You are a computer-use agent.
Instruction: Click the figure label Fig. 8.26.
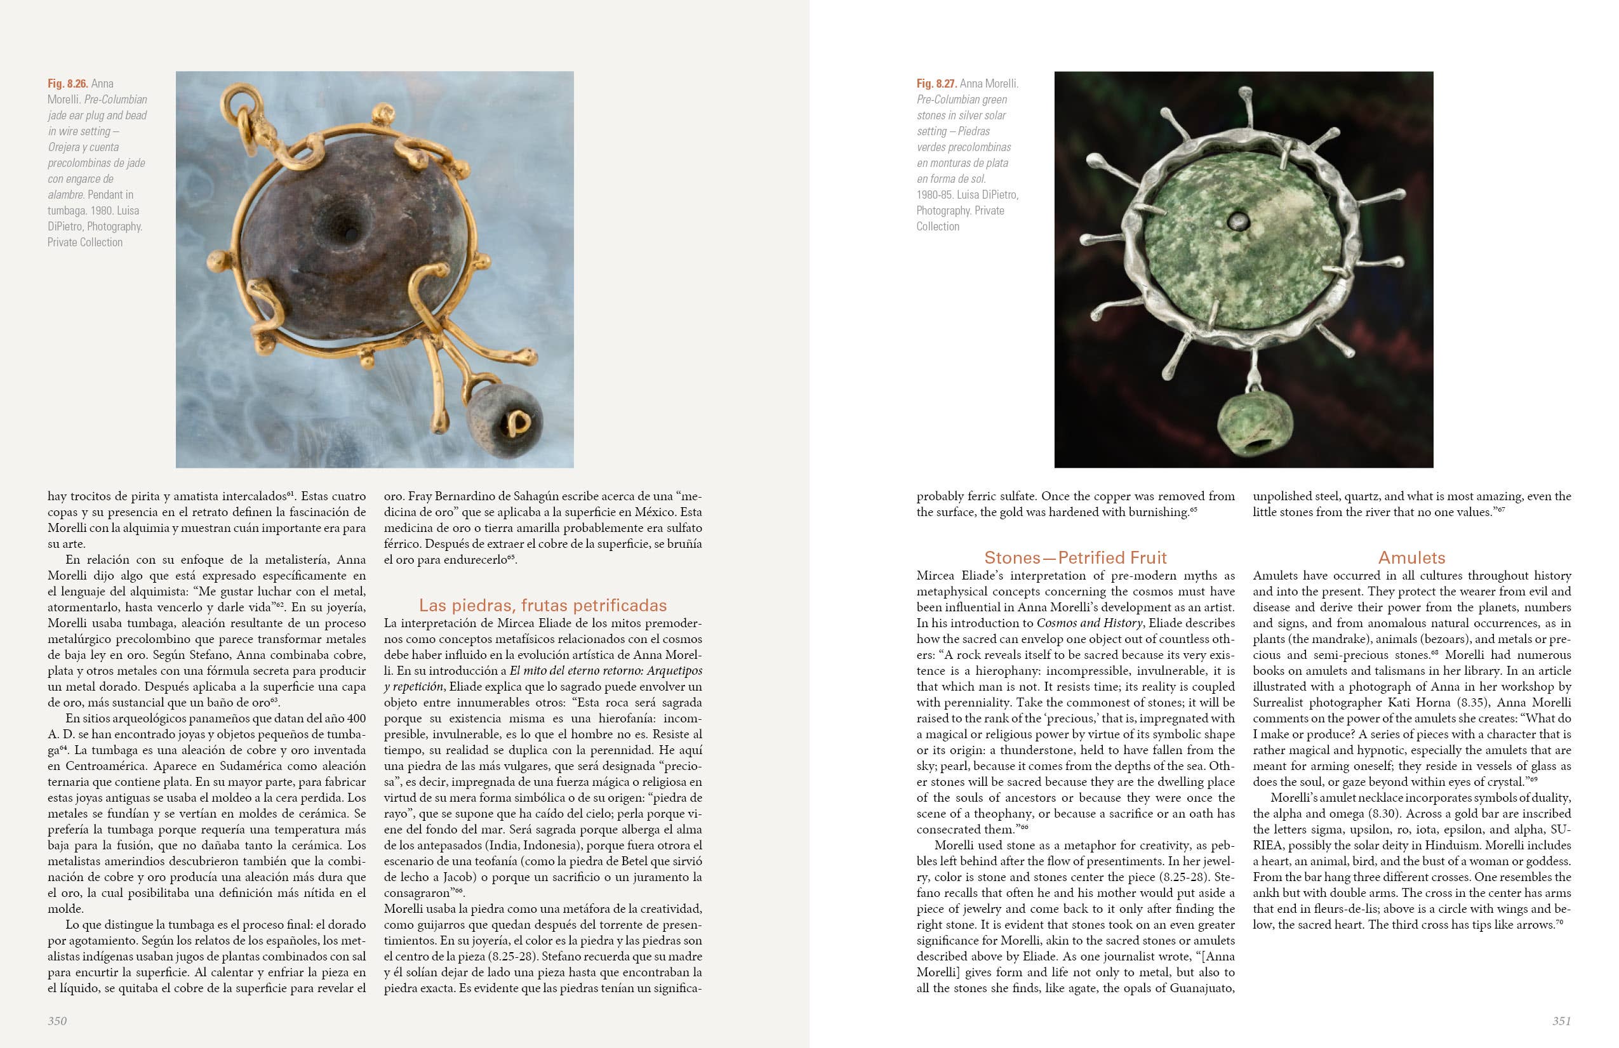pos(67,84)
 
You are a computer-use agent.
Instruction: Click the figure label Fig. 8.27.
pos(936,84)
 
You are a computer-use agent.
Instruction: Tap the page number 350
pos(57,1020)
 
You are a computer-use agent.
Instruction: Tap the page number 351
pos(1561,1020)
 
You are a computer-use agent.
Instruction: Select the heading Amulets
pos(1411,558)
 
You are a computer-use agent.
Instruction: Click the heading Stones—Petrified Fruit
pos(1075,558)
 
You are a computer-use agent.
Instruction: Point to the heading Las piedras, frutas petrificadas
pos(542,606)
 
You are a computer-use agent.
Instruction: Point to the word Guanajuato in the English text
pos(1201,988)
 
